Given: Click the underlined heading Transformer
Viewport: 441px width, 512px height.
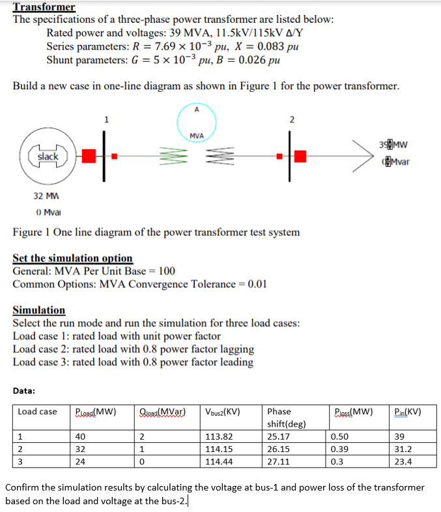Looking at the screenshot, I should tap(44, 7).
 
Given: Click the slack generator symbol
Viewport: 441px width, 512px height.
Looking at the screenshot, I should tap(48, 156).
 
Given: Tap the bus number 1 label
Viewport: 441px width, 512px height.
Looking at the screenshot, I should tap(106, 119).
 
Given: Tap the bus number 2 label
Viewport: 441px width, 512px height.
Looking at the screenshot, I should tap(291, 119).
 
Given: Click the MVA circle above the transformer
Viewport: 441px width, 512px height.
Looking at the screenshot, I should tap(197, 122).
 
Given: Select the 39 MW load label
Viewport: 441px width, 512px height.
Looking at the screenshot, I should tap(401, 145).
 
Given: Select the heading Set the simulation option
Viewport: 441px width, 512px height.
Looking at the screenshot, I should tap(72, 258).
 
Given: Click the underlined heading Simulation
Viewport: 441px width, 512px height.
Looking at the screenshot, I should tap(39, 310).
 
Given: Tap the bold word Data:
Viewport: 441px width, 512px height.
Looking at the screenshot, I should tap(24, 391).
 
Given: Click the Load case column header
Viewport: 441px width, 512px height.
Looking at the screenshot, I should tap(37, 412).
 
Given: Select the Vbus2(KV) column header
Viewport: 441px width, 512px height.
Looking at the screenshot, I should tap(223, 412).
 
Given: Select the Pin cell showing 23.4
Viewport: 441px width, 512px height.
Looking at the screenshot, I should tap(404, 462).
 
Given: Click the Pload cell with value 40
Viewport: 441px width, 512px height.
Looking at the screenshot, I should tap(81, 437).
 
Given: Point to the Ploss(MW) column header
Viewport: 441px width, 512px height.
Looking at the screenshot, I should tap(352, 412).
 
